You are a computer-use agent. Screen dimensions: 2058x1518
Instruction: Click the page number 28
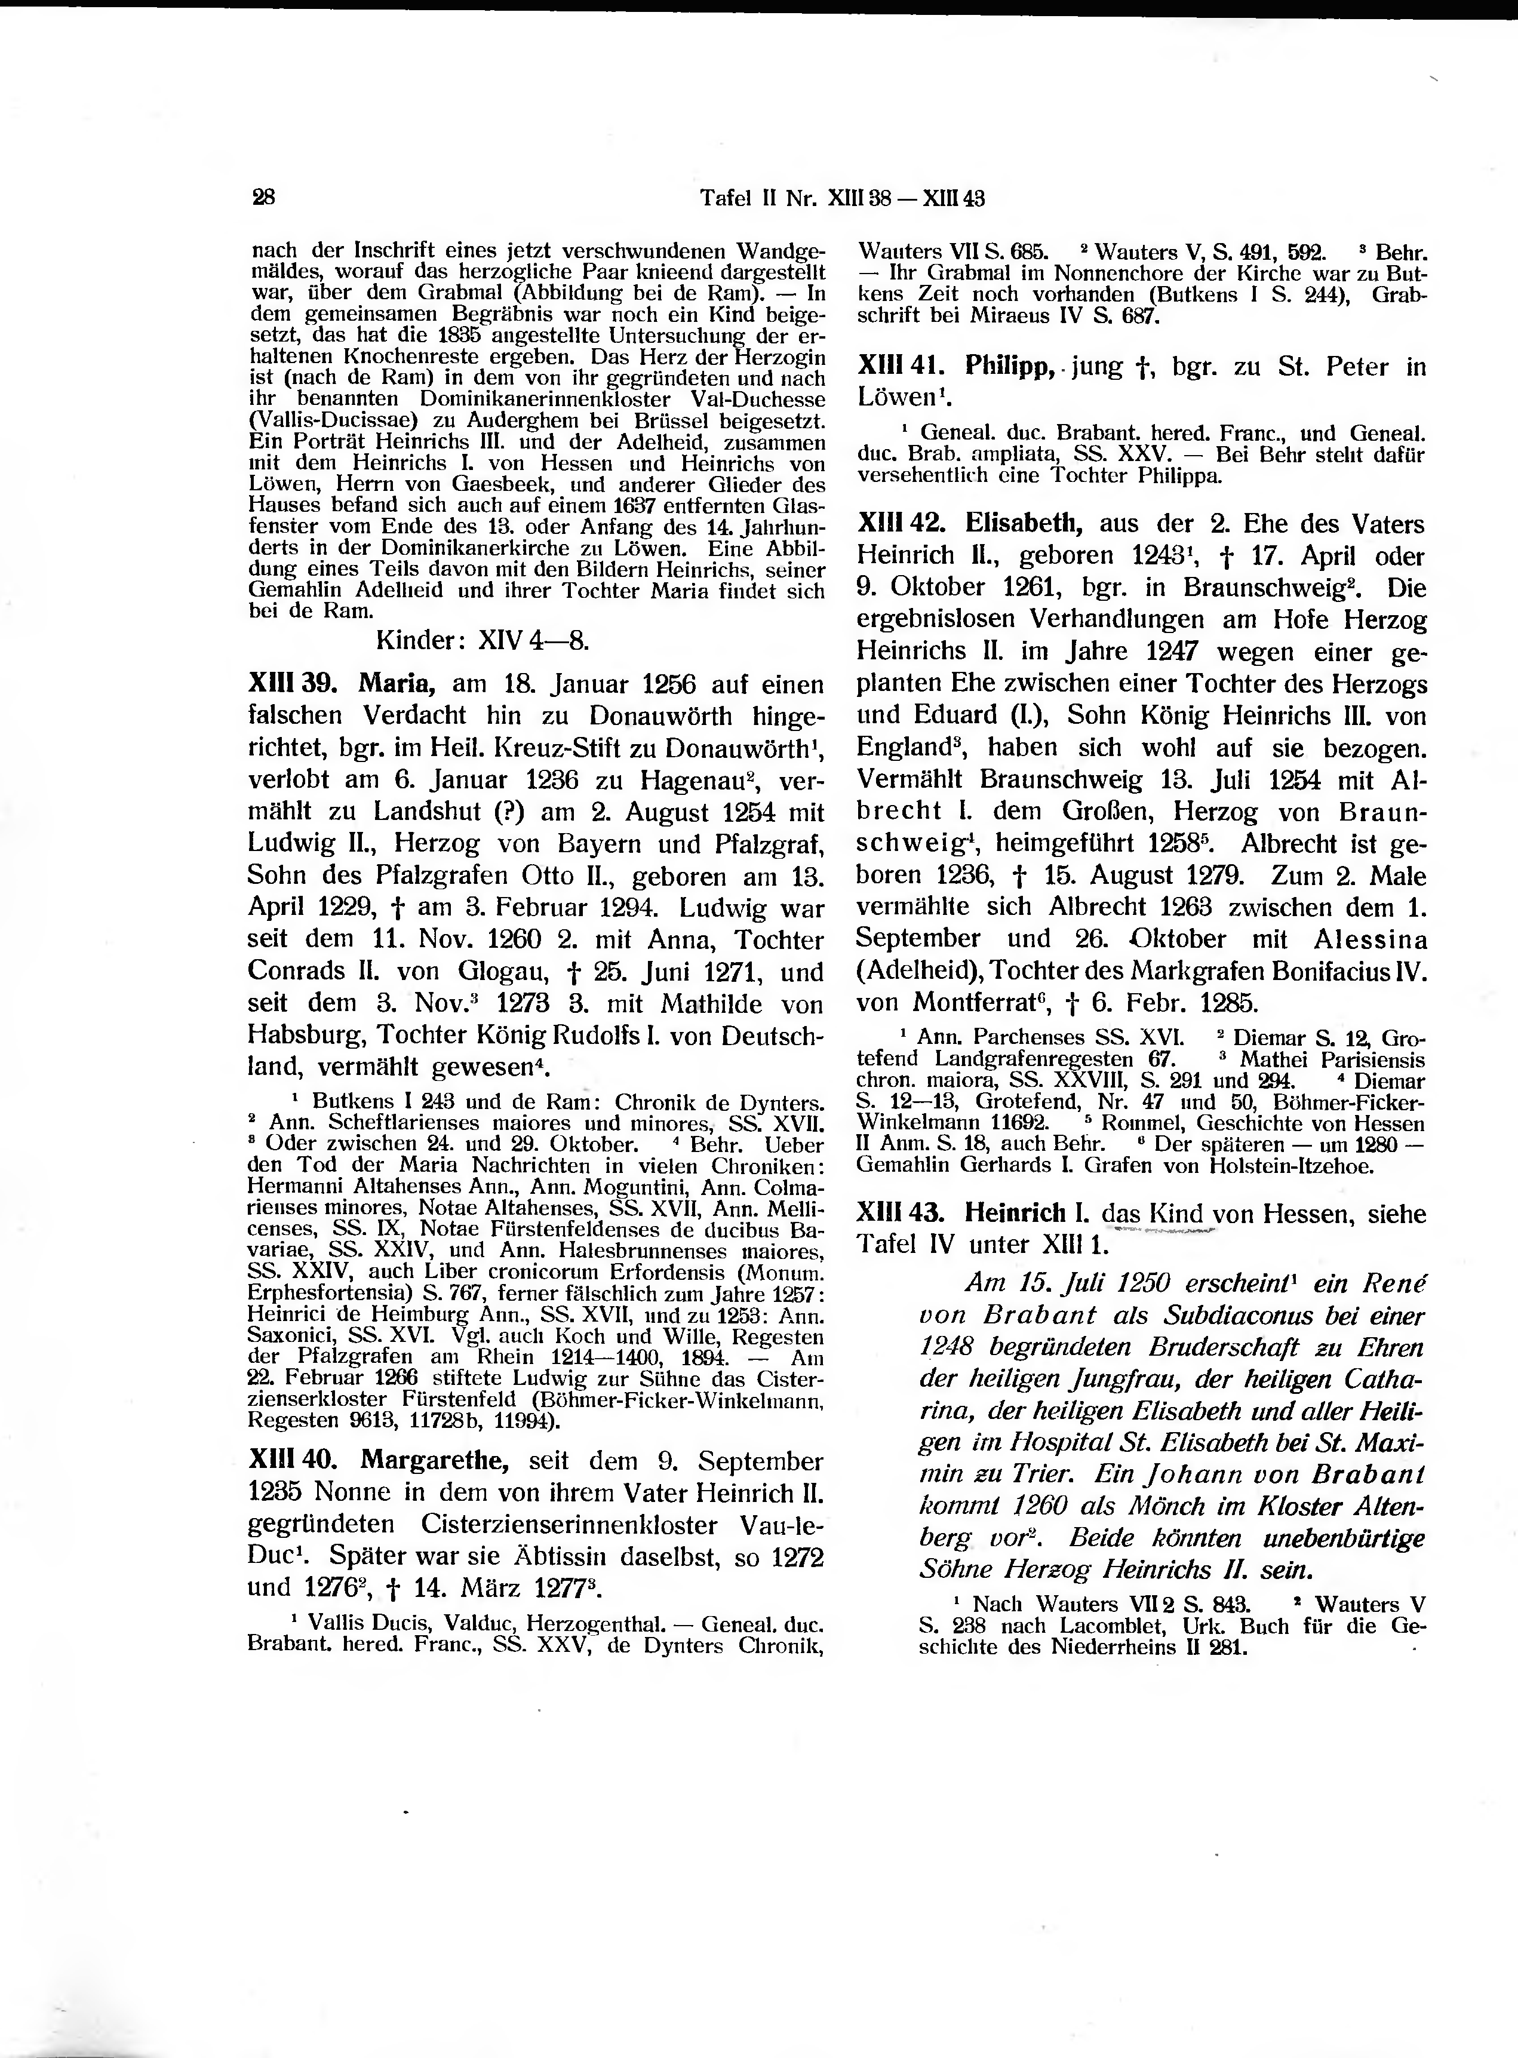coord(264,198)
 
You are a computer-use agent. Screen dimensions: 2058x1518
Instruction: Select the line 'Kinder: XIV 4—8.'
coord(483,640)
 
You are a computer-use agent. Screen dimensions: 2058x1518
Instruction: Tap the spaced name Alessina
coord(1370,940)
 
